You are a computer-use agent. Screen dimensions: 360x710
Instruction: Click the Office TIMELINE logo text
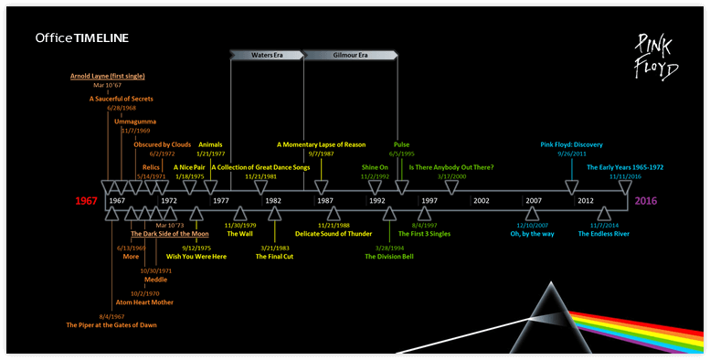81,37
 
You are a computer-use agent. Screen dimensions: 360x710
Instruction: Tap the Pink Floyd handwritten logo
656,56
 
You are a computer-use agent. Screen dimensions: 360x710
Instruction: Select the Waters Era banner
267,55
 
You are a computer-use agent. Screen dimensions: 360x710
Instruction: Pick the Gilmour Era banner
350,55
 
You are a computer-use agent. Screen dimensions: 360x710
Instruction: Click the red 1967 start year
87,200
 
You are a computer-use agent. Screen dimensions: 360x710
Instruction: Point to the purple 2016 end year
646,200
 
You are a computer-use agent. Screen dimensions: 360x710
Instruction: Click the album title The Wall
239,234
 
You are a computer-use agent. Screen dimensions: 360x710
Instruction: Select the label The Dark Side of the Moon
170,235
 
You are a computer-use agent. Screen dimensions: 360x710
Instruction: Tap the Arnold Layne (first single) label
108,76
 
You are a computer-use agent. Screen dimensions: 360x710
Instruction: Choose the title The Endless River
604,234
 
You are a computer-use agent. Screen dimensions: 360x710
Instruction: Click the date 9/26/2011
571,154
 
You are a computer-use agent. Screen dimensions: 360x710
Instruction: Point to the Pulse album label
402,143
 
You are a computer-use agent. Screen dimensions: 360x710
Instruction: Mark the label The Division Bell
389,257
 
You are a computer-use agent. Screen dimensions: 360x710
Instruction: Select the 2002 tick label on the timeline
482,200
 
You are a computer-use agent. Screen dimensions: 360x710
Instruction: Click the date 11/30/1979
240,225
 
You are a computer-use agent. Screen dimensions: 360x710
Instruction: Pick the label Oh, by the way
531,234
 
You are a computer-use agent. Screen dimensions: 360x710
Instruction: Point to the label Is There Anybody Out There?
450,167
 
